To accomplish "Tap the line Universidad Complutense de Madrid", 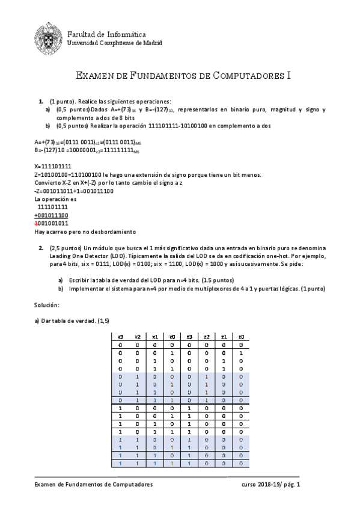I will click(114, 43).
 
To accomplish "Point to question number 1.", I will click(40, 101).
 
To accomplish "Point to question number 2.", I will click(40, 248).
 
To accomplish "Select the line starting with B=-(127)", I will click(87, 150).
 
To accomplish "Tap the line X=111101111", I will click(53, 166).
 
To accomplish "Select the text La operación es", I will click(55, 199).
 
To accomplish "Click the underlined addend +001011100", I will click(52, 215).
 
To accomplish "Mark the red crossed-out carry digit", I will click(36, 223).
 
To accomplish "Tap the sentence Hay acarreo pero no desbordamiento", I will click(85, 232).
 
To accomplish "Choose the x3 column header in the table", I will click(120, 336).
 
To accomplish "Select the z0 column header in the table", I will click(240, 336).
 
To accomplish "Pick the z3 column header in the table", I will click(189, 336).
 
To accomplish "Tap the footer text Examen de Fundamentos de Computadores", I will click(93, 484).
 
